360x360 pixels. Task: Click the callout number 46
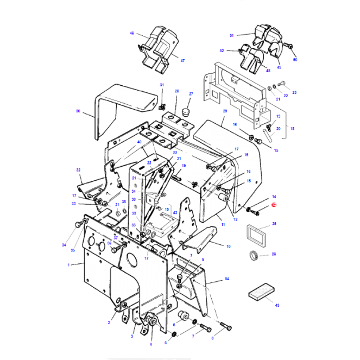(132, 33)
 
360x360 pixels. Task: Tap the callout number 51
(231, 35)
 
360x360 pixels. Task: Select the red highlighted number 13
(274, 206)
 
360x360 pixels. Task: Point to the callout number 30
(78, 111)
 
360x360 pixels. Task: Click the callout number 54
(226, 279)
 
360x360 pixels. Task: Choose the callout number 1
(69, 264)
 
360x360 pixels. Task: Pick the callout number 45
(277, 305)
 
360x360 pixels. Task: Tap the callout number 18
(292, 129)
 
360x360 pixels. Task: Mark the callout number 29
(224, 111)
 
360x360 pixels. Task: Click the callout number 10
(228, 246)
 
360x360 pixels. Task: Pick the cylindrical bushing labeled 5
(184, 317)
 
